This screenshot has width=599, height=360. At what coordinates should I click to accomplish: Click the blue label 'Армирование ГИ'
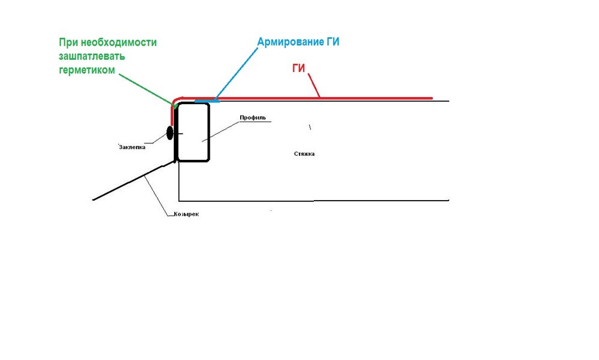[302, 43]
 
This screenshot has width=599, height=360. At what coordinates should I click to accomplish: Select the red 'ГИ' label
[300, 69]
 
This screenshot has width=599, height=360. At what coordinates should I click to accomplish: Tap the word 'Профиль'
[253, 118]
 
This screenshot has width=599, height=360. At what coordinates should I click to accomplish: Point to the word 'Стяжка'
[304, 154]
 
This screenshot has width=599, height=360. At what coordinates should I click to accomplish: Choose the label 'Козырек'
[186, 214]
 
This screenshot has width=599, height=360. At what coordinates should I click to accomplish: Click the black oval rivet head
[170, 132]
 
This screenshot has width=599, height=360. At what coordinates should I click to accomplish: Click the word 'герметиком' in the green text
[86, 69]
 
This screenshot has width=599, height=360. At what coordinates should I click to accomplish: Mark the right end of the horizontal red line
[431, 98]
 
